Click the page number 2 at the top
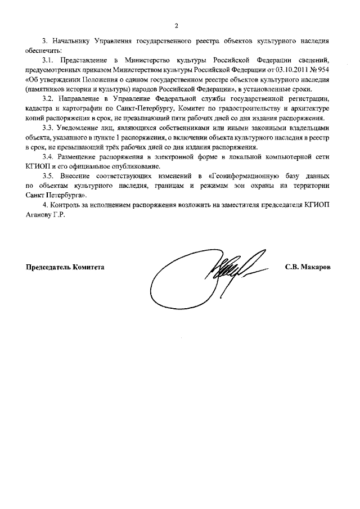tap(176, 25)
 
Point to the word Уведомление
tap(80, 128)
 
